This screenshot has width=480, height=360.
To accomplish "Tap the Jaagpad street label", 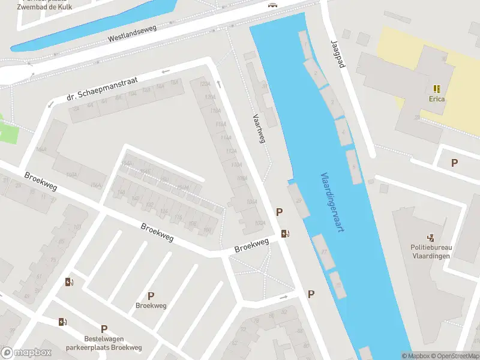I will pyautogui.click(x=338, y=54).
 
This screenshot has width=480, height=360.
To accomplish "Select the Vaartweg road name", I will pyautogui.click(x=259, y=128).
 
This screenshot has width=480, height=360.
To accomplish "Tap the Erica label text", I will pyautogui.click(x=437, y=99).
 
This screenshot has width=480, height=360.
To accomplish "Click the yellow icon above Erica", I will pyautogui.click(x=437, y=88).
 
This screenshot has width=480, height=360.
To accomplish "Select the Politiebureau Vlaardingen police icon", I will pyautogui.click(x=431, y=238).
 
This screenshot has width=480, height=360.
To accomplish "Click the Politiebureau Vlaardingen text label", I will pyautogui.click(x=431, y=251).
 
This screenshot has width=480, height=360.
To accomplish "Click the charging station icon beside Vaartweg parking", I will pyautogui.click(x=286, y=233).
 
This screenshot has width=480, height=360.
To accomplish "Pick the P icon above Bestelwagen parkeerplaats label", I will pyautogui.click(x=104, y=329).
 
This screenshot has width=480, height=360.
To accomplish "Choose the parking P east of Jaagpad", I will pyautogui.click(x=454, y=163).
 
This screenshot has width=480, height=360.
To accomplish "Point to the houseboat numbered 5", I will pyautogui.click(x=354, y=166).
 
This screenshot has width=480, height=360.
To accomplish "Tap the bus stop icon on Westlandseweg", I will pyautogui.click(x=273, y=4).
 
